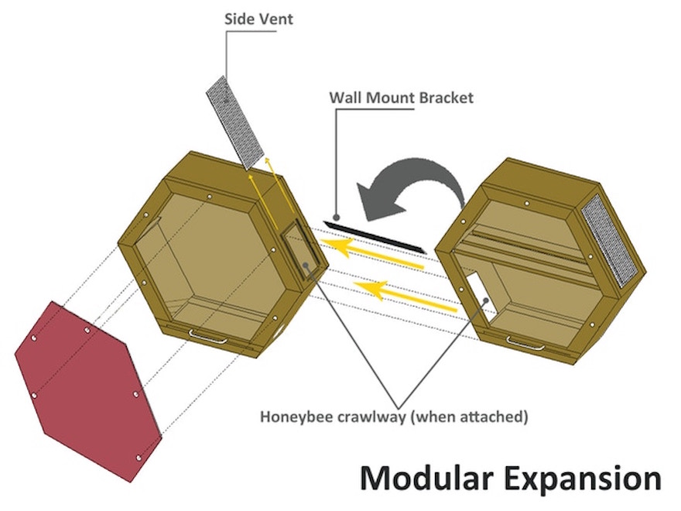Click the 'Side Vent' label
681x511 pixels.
[258, 18]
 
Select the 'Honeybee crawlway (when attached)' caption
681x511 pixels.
[394, 417]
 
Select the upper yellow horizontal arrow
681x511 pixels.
[371, 253]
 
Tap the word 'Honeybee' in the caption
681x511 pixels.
[295, 417]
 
